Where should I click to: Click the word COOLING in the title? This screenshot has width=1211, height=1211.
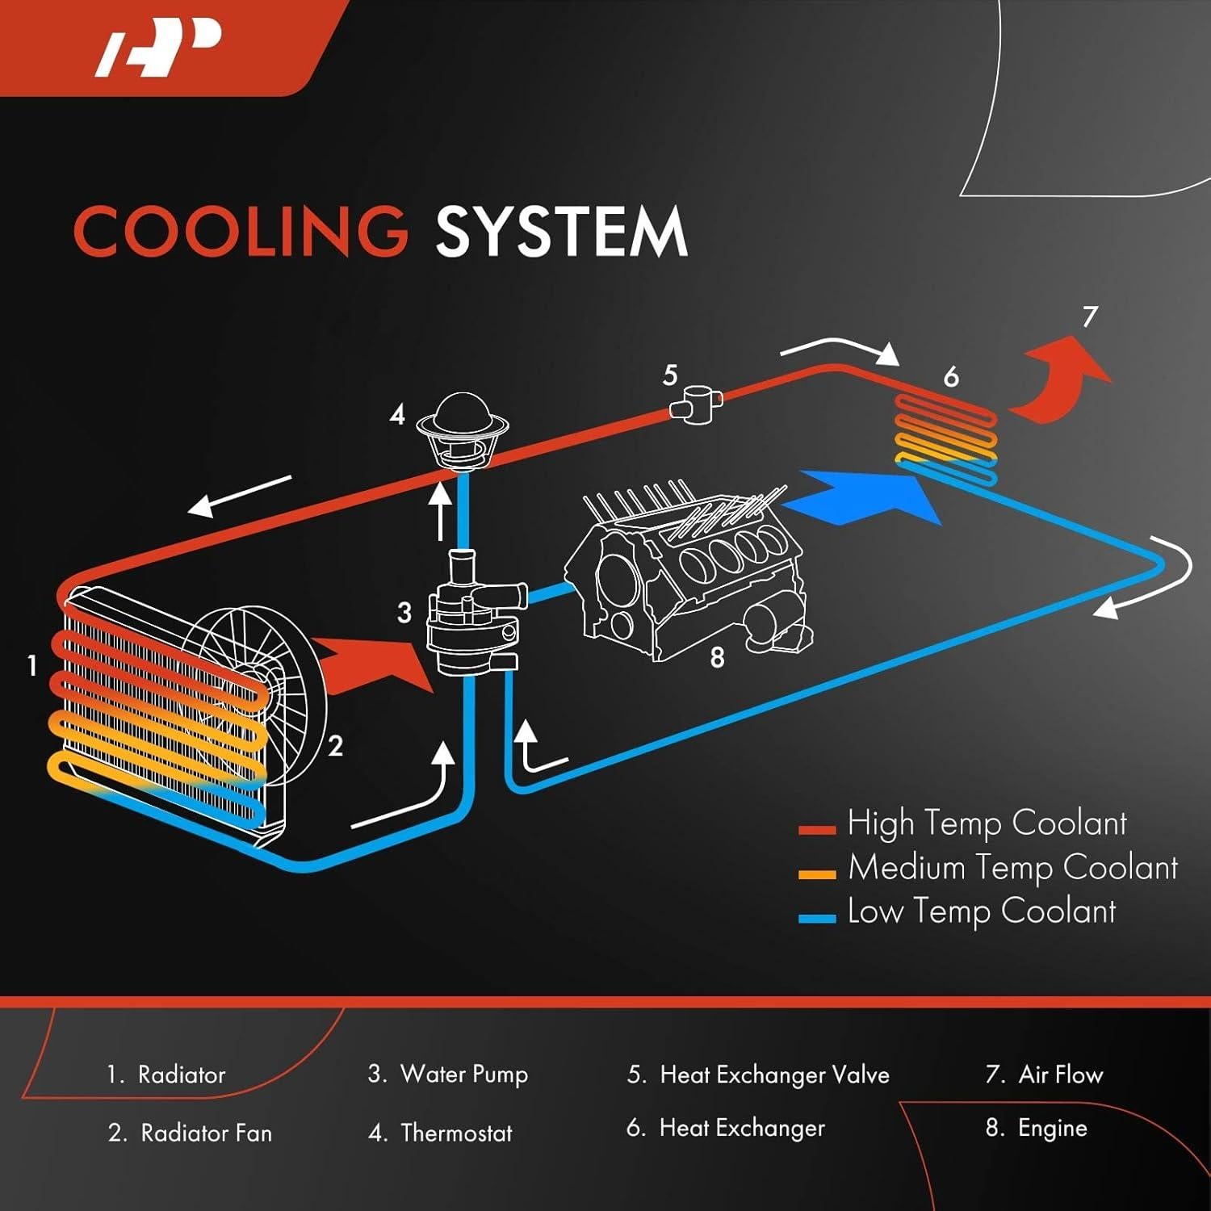(x=241, y=232)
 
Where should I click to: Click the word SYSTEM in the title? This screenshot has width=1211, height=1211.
(x=561, y=232)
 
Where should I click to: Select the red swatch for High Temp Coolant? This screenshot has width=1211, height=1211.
(x=816, y=830)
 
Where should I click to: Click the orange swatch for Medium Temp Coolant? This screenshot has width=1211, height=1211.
(x=816, y=874)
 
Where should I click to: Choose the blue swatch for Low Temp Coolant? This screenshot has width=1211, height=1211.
(x=816, y=919)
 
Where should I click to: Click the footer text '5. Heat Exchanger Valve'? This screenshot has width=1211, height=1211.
(x=758, y=1075)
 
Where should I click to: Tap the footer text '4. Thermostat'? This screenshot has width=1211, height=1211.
(x=440, y=1133)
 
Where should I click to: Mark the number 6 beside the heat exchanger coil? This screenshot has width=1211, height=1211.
(x=951, y=377)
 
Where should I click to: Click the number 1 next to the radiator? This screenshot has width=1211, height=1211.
(x=32, y=666)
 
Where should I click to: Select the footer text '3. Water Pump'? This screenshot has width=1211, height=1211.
(x=448, y=1075)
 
